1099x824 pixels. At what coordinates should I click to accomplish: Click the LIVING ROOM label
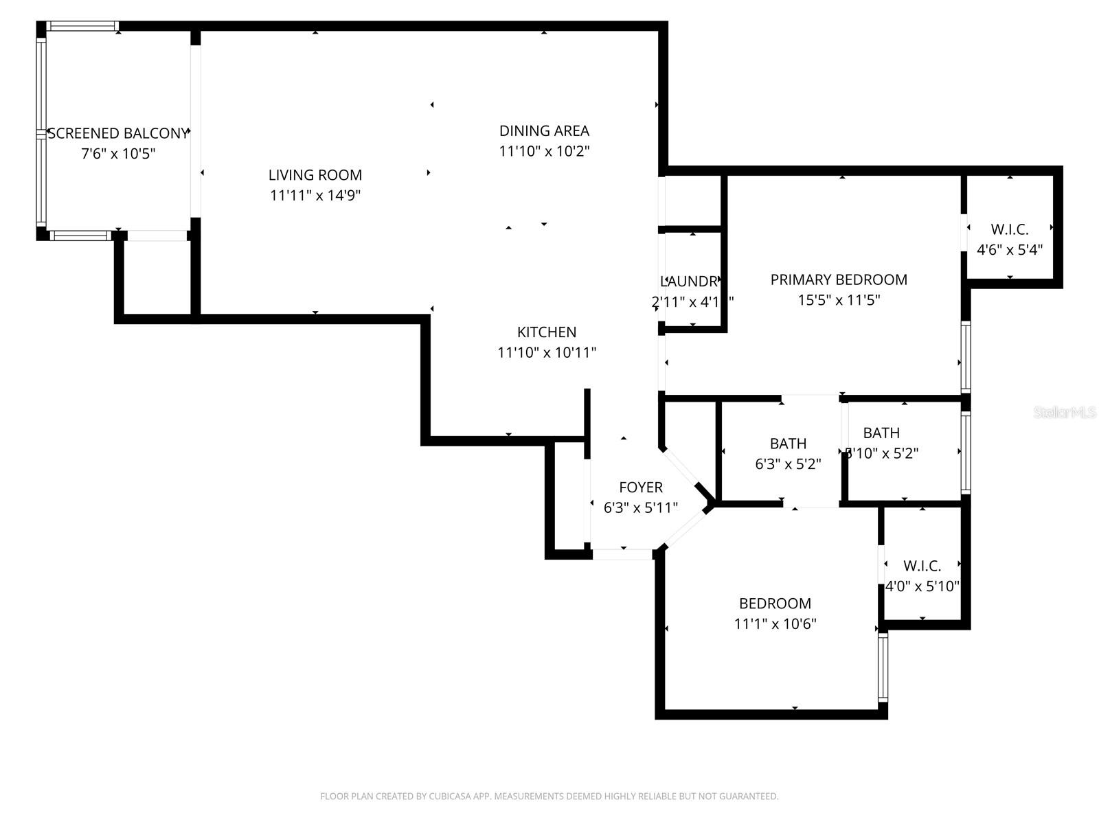(x=315, y=175)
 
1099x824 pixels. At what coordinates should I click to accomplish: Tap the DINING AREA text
(x=544, y=130)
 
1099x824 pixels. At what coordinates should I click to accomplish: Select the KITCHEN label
(x=547, y=332)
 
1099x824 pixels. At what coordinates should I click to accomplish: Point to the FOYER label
(x=641, y=488)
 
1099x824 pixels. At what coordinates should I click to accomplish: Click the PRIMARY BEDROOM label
(x=839, y=279)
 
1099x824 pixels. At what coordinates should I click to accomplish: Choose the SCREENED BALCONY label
(x=117, y=133)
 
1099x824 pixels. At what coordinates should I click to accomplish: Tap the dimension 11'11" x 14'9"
(x=315, y=196)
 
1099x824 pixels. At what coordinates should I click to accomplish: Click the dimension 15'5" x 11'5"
(x=839, y=300)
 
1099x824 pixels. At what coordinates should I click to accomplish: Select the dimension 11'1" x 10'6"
(x=775, y=624)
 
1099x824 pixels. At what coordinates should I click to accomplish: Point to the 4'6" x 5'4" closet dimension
(x=1010, y=250)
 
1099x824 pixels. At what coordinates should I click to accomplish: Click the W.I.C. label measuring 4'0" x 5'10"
(x=922, y=566)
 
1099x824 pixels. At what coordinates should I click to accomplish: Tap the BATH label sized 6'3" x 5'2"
(x=788, y=444)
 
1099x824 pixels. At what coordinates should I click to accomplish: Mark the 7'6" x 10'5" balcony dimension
(x=118, y=154)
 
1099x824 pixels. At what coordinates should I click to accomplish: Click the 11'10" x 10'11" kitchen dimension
(x=547, y=353)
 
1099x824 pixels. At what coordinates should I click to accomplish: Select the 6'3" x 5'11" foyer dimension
(x=641, y=508)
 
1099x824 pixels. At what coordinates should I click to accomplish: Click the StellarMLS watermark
(x=1065, y=413)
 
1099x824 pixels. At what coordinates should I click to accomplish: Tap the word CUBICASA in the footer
(x=449, y=797)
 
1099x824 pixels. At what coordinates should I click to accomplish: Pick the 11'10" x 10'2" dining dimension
(x=544, y=151)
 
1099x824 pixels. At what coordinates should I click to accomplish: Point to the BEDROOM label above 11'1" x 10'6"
(x=775, y=604)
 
